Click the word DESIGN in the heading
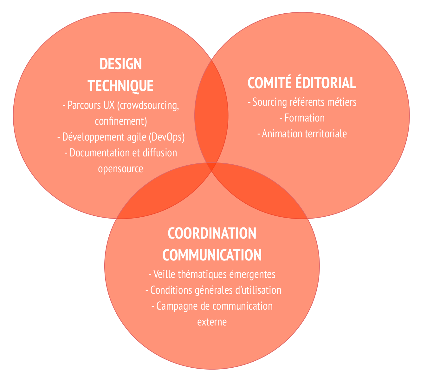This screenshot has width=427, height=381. [120, 64]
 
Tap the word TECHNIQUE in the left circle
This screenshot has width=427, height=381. [120, 86]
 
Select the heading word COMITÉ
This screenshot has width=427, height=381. [269, 83]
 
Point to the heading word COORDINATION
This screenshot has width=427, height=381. [212, 233]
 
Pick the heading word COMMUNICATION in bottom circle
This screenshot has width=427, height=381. [212, 255]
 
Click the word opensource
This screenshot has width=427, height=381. [120, 169]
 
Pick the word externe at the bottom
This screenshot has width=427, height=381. [212, 322]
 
